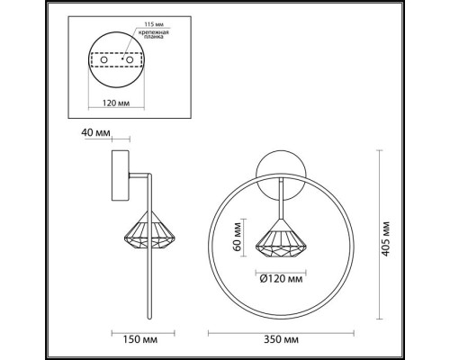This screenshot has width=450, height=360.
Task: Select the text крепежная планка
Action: [x=154, y=35]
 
